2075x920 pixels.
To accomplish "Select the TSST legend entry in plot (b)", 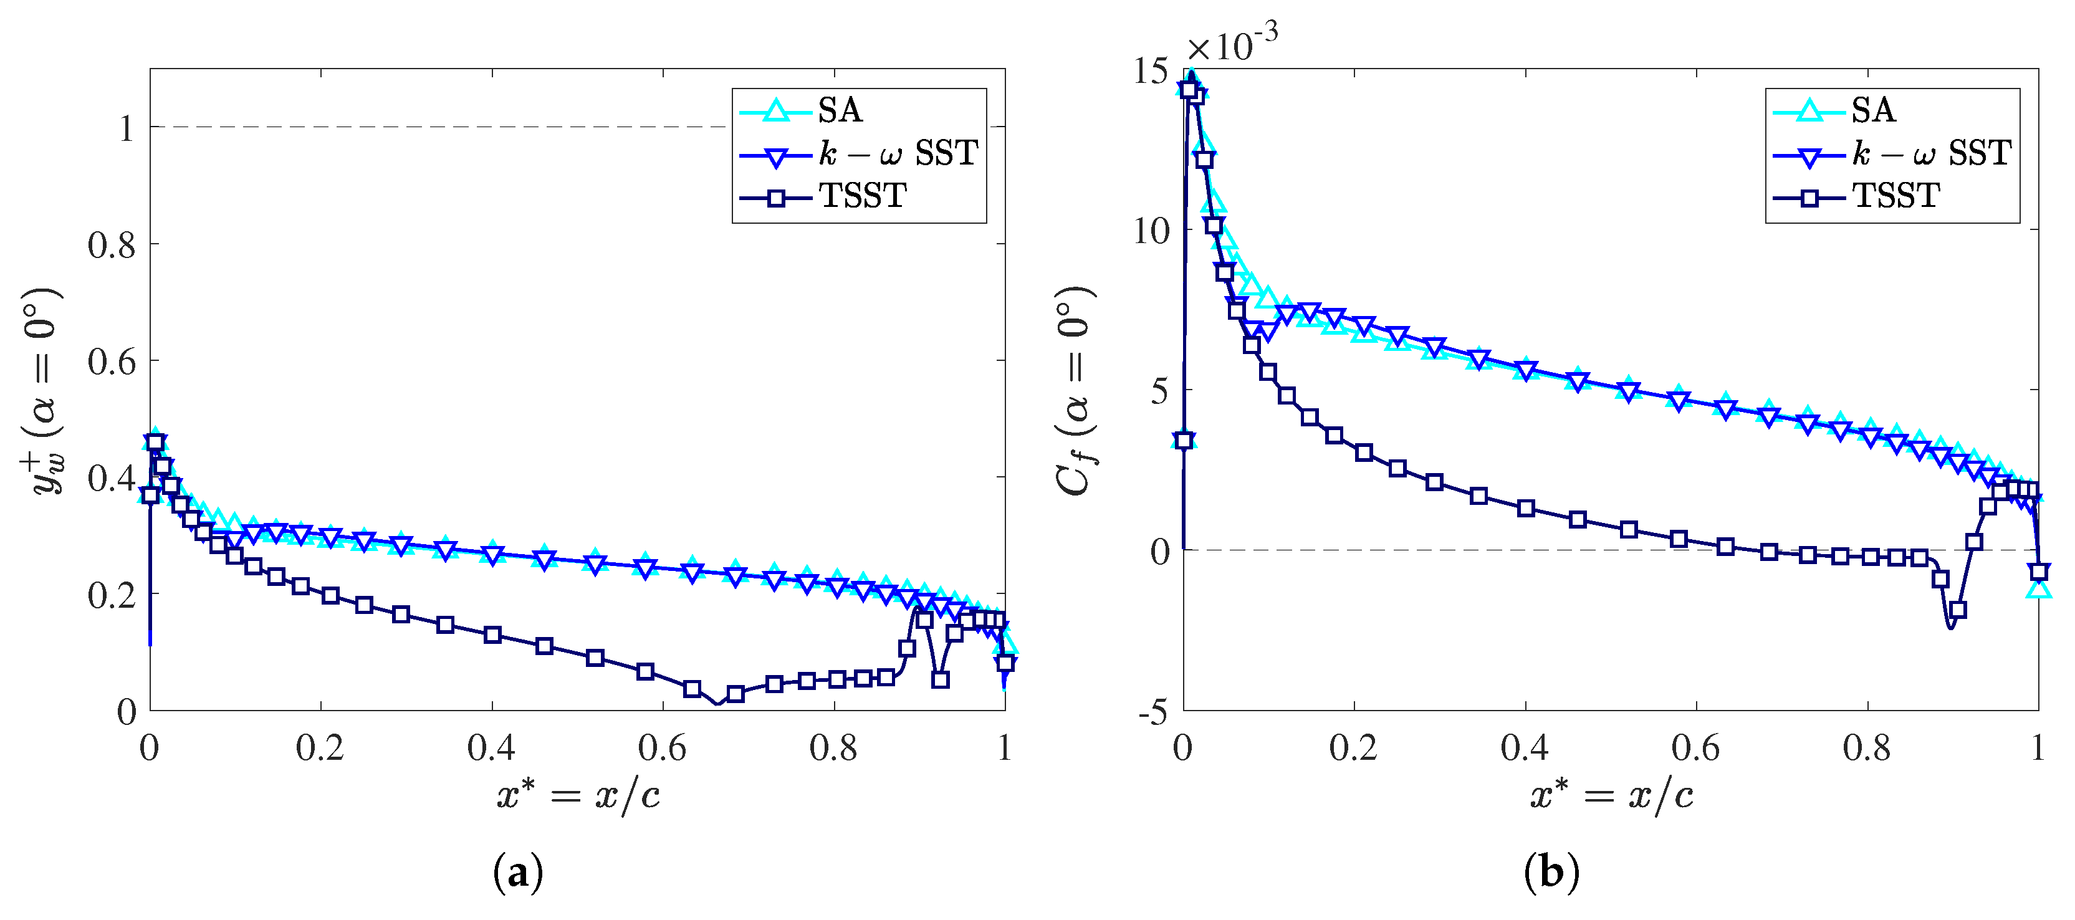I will pyautogui.click(x=1895, y=196).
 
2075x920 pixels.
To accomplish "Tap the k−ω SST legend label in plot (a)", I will pyautogui.click(x=898, y=153).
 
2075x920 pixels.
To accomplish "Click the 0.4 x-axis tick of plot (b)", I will pyautogui.click(x=1524, y=749).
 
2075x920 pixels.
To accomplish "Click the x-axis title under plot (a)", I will pyautogui.click(x=578, y=796).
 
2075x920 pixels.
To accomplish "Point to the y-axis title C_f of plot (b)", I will pyautogui.click(x=1075, y=391).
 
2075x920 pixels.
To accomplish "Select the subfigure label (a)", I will pyautogui.click(x=518, y=873).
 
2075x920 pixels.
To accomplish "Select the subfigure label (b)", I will pyautogui.click(x=1551, y=873).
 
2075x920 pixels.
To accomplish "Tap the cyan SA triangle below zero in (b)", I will pyautogui.click(x=2039, y=589).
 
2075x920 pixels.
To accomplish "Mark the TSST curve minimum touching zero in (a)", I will pyautogui.click(x=717, y=704).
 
